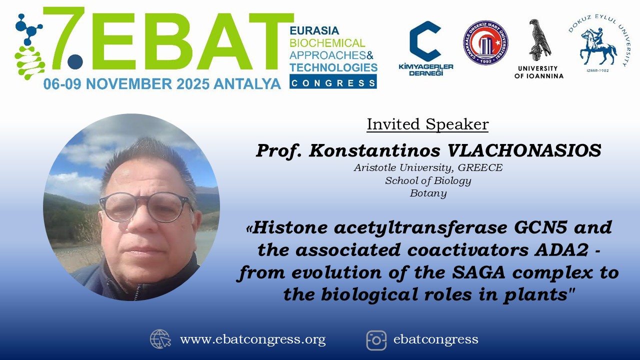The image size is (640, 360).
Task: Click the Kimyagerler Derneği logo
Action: point(425,48)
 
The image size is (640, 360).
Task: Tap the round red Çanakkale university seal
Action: point(485,42)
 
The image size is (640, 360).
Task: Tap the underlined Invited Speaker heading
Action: point(427,124)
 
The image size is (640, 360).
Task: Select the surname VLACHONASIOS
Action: point(524,150)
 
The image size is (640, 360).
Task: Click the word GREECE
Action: point(480,167)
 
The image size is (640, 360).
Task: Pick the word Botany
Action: point(428,193)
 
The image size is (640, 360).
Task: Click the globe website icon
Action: point(160,339)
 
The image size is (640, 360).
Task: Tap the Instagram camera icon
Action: point(376,340)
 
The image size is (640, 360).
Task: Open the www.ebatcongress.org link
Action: point(252,339)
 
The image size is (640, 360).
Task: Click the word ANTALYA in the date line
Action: point(247,84)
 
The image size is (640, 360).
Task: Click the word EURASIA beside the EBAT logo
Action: point(314,30)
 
